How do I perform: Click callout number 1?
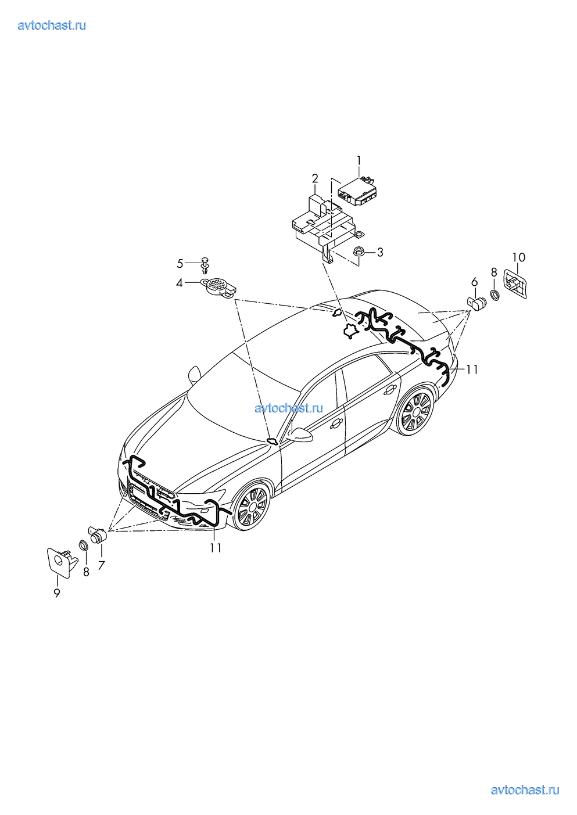click(x=359, y=160)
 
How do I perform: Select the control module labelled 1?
click(x=360, y=191)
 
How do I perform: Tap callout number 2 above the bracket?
click(x=315, y=179)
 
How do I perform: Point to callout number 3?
click(x=380, y=253)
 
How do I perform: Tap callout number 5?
click(x=180, y=263)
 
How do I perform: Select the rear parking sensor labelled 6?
click(x=477, y=303)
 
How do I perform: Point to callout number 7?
click(x=101, y=565)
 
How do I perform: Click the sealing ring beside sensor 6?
click(x=495, y=294)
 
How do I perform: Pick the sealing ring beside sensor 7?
click(x=83, y=545)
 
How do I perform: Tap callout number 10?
click(x=519, y=257)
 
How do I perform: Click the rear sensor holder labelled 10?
click(x=515, y=284)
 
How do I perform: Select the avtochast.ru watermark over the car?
click(x=289, y=408)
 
